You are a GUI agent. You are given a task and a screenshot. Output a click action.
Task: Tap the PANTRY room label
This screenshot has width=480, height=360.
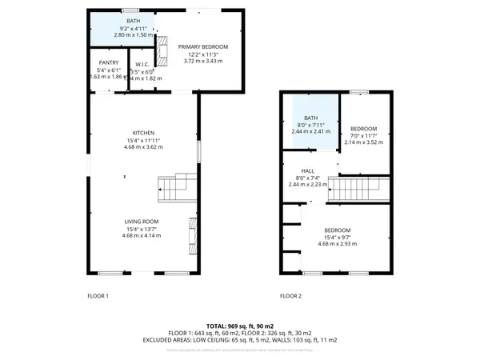coord(109,62)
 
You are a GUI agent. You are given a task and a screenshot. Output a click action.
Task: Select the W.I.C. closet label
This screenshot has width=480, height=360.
coord(143,65)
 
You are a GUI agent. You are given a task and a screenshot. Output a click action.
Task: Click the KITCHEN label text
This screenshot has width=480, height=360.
coord(144,133)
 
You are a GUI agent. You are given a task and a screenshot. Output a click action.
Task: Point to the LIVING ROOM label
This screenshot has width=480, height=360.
coord(141,222)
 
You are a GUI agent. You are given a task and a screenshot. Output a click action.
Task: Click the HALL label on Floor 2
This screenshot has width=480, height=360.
coord(308,170)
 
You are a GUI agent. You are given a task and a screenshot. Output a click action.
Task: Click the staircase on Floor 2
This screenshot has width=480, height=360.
coord(360,190)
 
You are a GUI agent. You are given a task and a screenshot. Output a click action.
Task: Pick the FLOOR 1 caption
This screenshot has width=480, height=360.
coord(98,296)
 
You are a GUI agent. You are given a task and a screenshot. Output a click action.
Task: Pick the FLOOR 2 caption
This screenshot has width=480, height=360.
coord(290,296)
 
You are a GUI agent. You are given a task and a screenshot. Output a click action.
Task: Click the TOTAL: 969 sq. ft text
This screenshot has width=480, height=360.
coord(239,326)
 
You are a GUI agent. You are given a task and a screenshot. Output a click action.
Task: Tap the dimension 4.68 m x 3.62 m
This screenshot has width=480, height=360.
coord(144,147)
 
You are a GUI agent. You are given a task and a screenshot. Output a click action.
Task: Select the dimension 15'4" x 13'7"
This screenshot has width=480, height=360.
coord(141,229)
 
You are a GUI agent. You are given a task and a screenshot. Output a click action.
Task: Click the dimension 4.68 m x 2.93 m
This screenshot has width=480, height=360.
coord(337,245)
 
